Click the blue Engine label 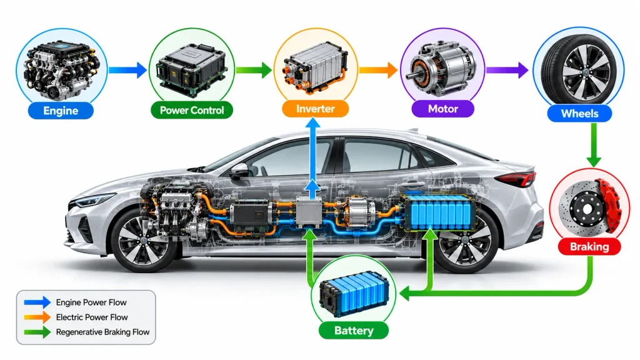pos(61,111)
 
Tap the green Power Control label pos(192,110)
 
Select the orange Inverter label pos(316,109)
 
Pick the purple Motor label pos(443,109)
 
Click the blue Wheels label pos(579,114)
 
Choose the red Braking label pos(589,246)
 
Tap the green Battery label pos(354,330)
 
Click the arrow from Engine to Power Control pos(128,70)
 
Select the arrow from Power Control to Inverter pos(254,70)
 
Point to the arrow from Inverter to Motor pos(378,70)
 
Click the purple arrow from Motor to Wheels pos(507,70)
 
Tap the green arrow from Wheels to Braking pos(594,144)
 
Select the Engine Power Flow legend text pos(91,302)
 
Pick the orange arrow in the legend pos(37,317)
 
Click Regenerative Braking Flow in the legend pos(103,332)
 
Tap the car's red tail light pos(518,179)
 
